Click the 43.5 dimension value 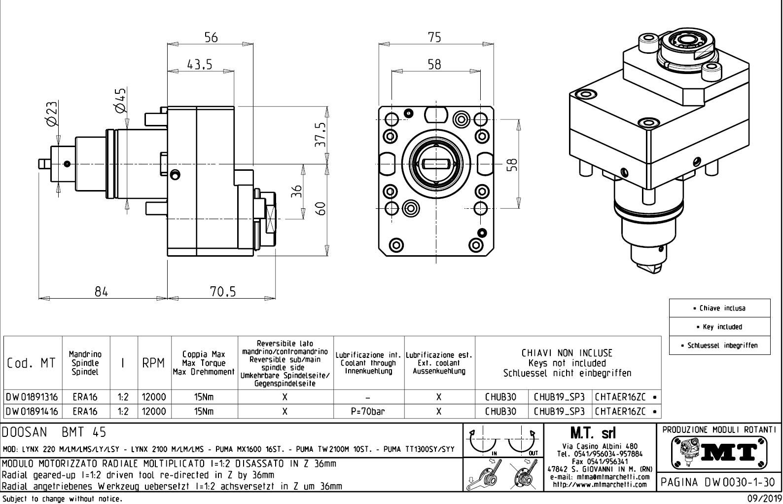200,65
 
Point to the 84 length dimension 101,292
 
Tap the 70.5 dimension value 223,292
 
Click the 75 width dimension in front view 434,38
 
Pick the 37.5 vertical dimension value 321,135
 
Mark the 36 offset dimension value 296,191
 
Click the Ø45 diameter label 120,100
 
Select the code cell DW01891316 32,397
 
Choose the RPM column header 153,363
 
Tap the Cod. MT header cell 32,363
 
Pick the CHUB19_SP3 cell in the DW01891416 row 559,411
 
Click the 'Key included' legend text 719,327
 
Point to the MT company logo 719,452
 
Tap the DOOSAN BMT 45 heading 54,432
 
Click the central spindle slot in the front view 434,163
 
